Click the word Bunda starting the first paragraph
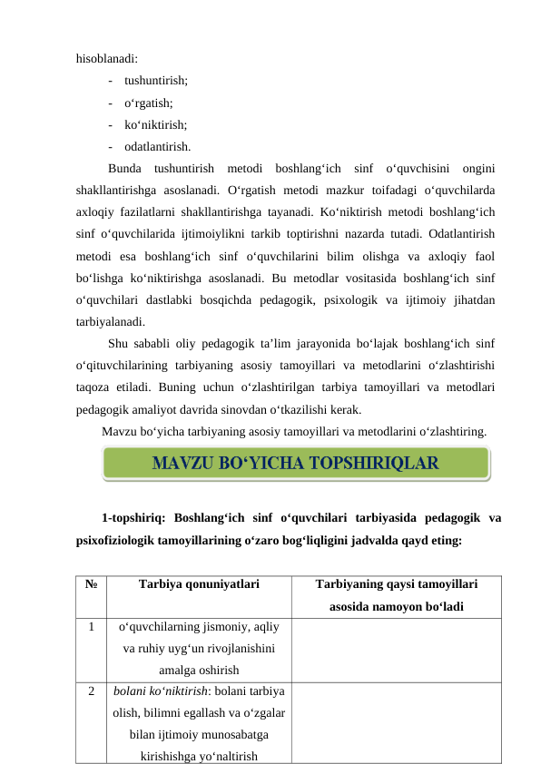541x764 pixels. [124, 168]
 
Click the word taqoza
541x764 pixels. [96, 385]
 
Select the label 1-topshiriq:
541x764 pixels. [133, 519]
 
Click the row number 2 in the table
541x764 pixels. [91, 690]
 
